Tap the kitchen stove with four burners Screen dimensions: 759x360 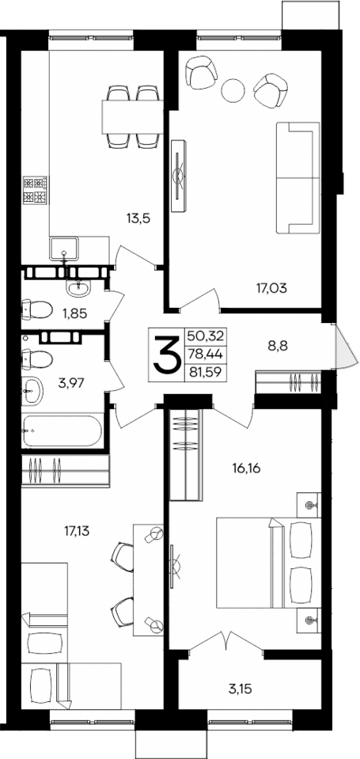click(36, 188)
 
